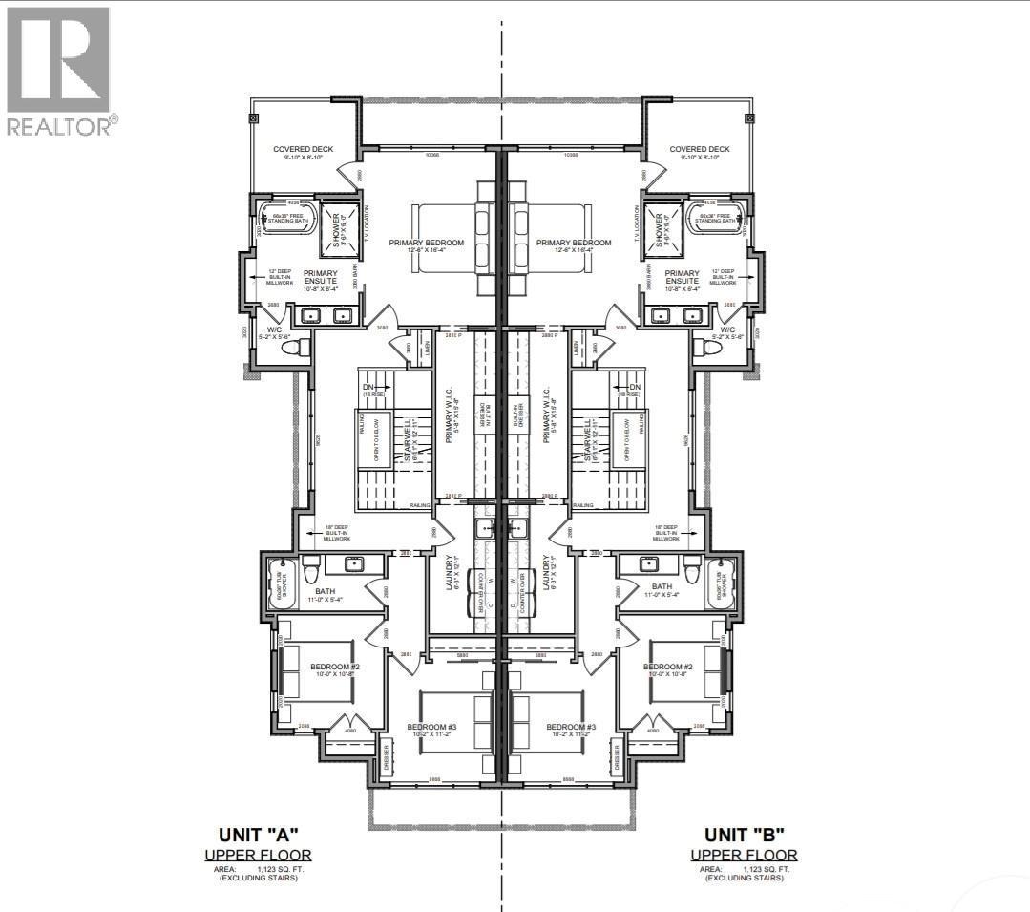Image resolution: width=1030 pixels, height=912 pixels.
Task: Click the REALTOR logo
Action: coord(59,71)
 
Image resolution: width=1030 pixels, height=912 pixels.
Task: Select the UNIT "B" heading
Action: coord(745,833)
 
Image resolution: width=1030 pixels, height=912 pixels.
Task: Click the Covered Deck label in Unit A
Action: coord(302,150)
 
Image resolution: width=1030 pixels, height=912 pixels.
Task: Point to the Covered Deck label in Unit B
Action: coord(699,150)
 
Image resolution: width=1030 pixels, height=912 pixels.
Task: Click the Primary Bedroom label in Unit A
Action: coord(426,243)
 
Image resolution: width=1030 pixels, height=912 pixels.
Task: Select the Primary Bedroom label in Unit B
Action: coord(574,243)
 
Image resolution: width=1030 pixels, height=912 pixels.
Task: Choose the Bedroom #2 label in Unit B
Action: coord(667,667)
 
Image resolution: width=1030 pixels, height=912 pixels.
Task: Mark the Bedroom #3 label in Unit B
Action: coord(571,728)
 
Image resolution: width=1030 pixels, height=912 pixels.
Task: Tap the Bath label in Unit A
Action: coord(325,590)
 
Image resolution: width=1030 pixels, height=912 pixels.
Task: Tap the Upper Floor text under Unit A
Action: coord(258,855)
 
